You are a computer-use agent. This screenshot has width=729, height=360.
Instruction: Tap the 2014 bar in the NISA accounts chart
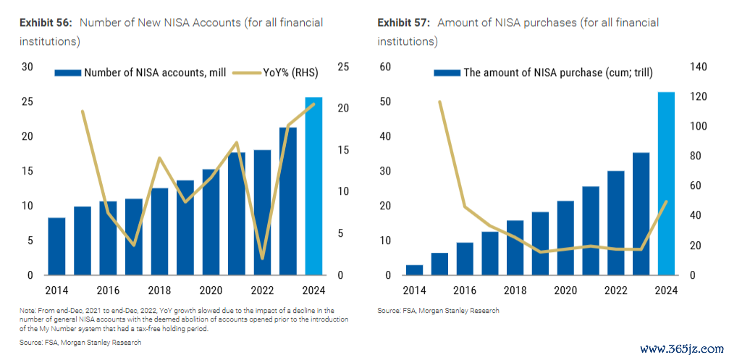(x=56, y=246)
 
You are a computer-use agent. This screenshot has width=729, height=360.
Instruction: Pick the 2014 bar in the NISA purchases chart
(x=414, y=269)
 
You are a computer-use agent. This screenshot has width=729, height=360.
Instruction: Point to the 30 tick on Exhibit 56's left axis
(x=28, y=67)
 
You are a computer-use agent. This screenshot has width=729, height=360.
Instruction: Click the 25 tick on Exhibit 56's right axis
(x=343, y=67)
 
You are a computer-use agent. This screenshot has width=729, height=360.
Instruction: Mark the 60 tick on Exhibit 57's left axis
(x=385, y=67)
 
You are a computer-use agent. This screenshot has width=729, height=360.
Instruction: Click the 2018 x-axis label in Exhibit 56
(x=159, y=291)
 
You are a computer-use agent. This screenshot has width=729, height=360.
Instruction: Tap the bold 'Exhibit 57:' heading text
(x=404, y=23)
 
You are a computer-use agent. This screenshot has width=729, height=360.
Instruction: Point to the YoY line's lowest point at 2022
(x=262, y=259)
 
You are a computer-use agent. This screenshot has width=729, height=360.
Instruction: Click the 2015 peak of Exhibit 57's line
(x=439, y=102)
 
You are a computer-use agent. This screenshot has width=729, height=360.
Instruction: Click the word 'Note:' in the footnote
(x=28, y=310)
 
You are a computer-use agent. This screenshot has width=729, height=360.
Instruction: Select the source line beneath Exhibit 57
(x=438, y=310)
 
